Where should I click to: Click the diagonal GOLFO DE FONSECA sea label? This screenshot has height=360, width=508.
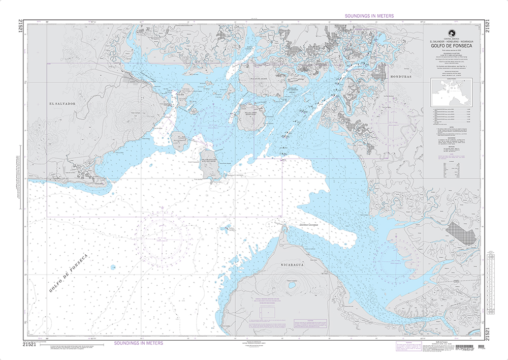pyautogui.click(x=70, y=272)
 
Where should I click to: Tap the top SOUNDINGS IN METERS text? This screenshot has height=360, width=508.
pyautogui.click(x=369, y=16)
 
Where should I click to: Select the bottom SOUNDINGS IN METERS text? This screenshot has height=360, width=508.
pyautogui.click(x=139, y=343)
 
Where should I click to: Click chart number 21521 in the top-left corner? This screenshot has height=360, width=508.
pyautogui.click(x=19, y=26)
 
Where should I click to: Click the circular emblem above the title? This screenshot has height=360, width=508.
pyautogui.click(x=448, y=32)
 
